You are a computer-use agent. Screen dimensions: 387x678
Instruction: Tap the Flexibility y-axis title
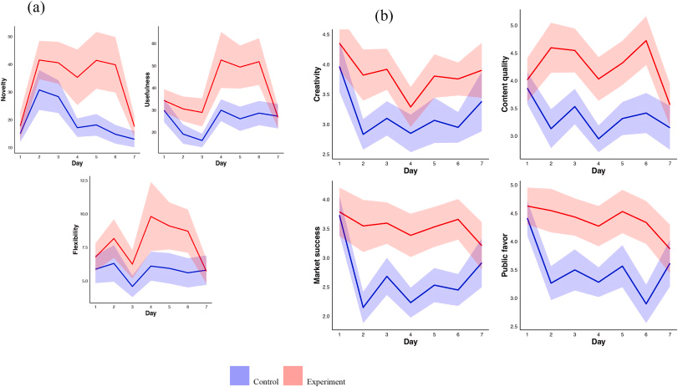[x=75, y=240]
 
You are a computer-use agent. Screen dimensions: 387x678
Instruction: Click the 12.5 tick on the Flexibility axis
[x=84, y=181]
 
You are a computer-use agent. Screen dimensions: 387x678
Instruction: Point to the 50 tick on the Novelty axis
[x=11, y=37]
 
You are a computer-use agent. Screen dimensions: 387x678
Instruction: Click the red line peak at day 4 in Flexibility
[x=151, y=216]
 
